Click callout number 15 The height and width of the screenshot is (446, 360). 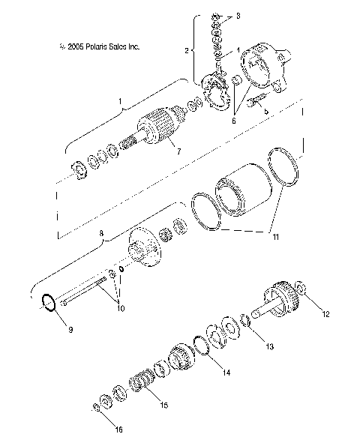coord(164,405)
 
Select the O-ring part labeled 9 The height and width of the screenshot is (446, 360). coord(49,304)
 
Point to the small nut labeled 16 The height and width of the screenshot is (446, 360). coord(97,408)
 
